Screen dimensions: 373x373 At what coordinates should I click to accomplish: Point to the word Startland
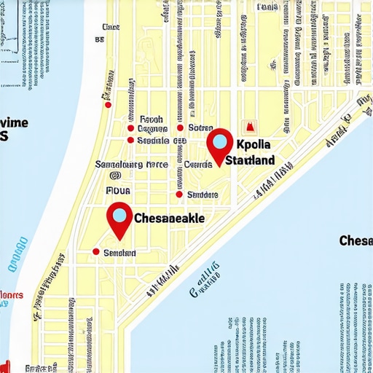pyautogui.click(x=250, y=160)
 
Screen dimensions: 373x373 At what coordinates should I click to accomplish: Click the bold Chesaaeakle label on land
pyautogui.click(x=170, y=218)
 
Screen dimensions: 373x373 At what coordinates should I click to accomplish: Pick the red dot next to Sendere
pyautogui.click(x=179, y=195)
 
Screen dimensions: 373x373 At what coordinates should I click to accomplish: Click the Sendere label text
pyautogui.click(x=203, y=195)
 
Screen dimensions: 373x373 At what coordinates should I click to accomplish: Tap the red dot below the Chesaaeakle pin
pyautogui.click(x=95, y=252)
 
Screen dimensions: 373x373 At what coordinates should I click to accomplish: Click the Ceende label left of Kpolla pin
pyautogui.click(x=197, y=165)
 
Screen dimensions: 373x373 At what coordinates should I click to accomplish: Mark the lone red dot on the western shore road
pyautogui.click(x=109, y=105)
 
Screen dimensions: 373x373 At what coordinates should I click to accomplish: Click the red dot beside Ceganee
pyautogui.click(x=130, y=128)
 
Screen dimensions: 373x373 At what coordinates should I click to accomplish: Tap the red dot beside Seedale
pyautogui.click(x=130, y=140)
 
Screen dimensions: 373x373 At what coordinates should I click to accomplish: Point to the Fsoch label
pyautogui.click(x=151, y=118)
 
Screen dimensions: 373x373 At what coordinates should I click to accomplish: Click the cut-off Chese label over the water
pyautogui.click(x=356, y=240)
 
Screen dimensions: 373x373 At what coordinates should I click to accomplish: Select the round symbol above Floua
pyautogui.click(x=114, y=176)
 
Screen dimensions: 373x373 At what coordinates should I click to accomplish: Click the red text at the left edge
pyautogui.click(x=10, y=295)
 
